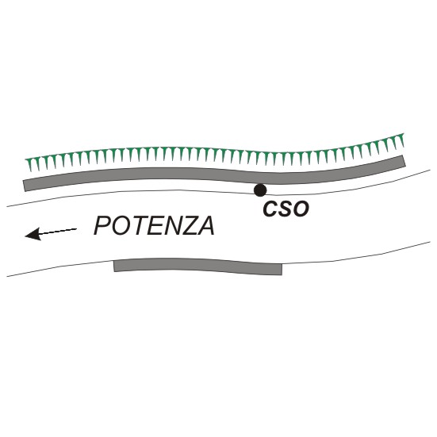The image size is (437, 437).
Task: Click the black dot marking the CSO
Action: [x=260, y=190]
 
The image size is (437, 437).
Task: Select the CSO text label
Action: [x=286, y=209]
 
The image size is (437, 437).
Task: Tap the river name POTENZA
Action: [x=154, y=226]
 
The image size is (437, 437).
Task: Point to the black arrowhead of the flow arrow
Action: [x=33, y=234]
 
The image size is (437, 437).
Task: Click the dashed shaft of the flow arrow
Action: [x=58, y=231]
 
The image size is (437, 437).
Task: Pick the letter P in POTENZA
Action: [x=102, y=226]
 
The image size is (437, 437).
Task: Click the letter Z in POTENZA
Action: [x=186, y=226]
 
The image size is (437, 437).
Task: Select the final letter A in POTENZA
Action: [x=205, y=226]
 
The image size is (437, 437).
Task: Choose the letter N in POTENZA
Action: [x=168, y=226]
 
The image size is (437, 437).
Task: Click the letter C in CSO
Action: [x=270, y=209]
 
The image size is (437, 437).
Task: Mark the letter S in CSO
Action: [x=285, y=209]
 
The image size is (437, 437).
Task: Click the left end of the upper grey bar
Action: [x=25, y=186]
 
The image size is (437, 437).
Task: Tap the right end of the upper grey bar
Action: [x=404, y=161]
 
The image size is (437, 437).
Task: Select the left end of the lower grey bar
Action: [x=114, y=266]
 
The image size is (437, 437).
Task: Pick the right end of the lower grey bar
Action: [x=282, y=269]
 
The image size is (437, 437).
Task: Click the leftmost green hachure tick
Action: [x=29, y=164]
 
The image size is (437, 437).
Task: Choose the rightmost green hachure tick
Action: [x=401, y=140]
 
